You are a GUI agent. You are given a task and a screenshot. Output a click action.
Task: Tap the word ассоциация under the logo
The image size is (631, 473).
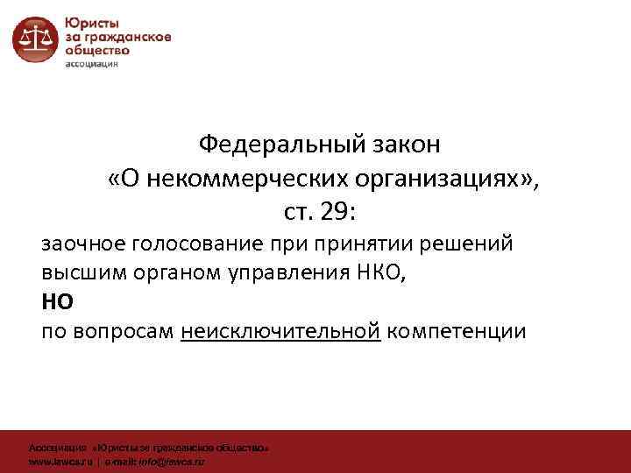[96, 64]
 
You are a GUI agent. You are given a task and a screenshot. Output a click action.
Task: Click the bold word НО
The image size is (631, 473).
[58, 302]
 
